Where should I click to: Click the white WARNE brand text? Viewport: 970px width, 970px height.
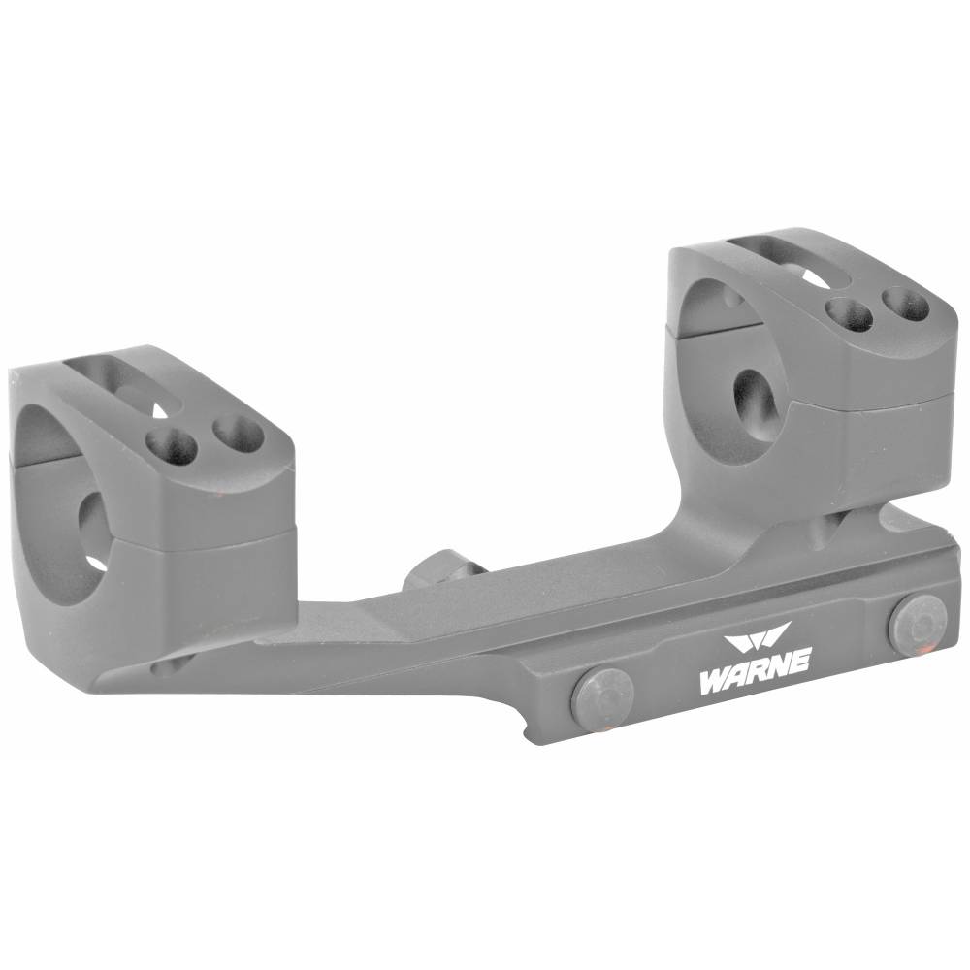click(x=754, y=672)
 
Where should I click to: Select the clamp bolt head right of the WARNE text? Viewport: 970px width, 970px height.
click(x=917, y=625)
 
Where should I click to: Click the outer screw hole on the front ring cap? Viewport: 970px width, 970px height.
click(x=238, y=433)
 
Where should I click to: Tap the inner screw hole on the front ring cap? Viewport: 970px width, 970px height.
click(x=172, y=445)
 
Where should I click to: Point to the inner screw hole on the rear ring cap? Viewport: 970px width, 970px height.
click(x=850, y=314)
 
